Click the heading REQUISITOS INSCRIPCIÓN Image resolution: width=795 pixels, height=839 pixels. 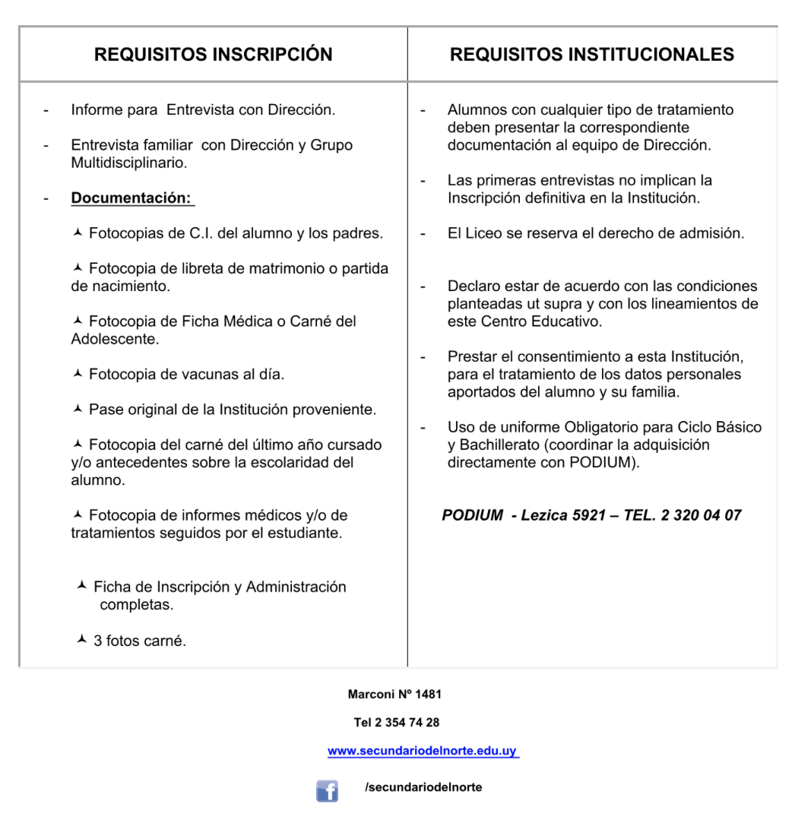[x=213, y=55]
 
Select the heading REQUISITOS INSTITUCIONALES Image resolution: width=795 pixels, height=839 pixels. [x=592, y=55]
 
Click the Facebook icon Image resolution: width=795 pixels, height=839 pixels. [x=327, y=791]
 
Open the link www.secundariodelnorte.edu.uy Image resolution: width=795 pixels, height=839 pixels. [x=423, y=751]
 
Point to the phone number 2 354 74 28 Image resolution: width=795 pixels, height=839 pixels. [x=407, y=722]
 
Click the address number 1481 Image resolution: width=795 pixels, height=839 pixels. [x=428, y=694]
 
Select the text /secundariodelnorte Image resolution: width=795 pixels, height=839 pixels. [x=423, y=787]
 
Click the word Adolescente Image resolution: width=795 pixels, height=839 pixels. [x=115, y=339]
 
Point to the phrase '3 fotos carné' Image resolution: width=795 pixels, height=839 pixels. [x=139, y=641]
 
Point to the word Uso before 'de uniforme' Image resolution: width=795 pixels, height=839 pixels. [x=461, y=427]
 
